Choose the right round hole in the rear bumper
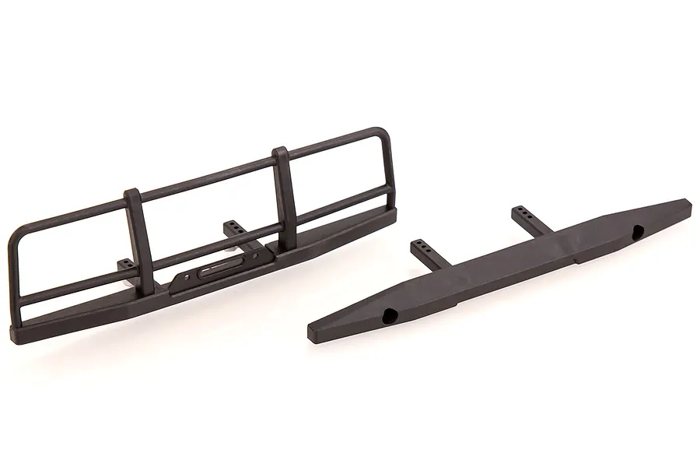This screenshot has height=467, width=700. pyautogui.click(x=638, y=230)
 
